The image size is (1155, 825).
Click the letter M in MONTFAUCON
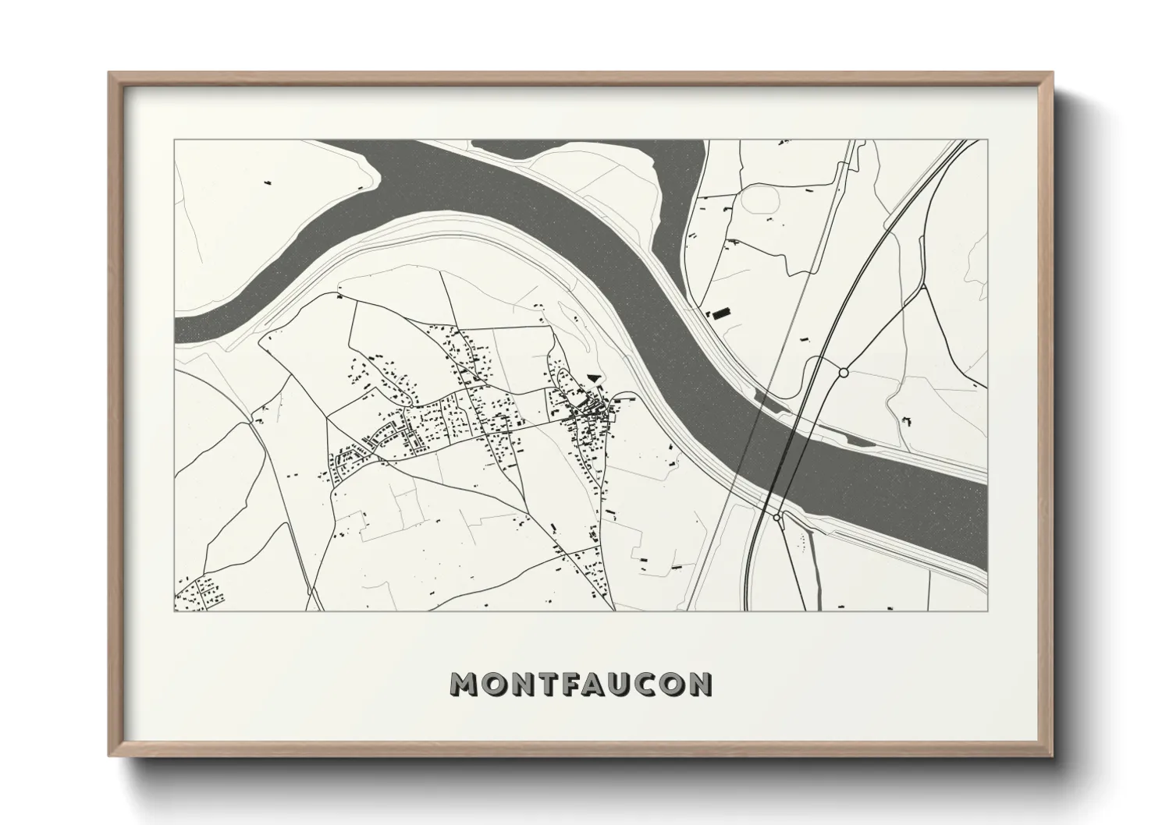[x=465, y=684]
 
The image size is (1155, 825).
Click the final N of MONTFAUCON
[x=700, y=684]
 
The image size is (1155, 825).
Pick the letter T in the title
[x=543, y=684]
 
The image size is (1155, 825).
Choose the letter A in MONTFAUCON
[x=595, y=684]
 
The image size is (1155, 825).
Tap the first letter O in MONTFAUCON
[x=492, y=684]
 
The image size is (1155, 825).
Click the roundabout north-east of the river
[x=843, y=374]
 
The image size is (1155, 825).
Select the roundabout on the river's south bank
[x=777, y=516]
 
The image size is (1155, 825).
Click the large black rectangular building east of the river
[x=718, y=313]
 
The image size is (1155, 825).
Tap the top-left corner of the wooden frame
[x=110, y=74]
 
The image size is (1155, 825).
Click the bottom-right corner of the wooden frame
[x=1051, y=754]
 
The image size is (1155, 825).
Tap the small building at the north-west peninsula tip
[x=268, y=182]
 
